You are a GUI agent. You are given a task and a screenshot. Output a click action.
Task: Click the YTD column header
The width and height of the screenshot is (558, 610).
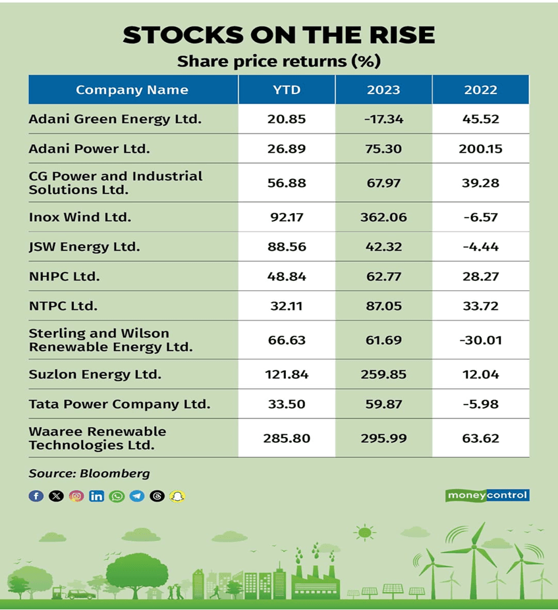[x=287, y=90]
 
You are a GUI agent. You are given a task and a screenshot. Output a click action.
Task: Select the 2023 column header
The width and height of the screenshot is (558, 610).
[x=383, y=90]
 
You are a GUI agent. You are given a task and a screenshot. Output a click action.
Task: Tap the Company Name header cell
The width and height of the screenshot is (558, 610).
[x=132, y=90]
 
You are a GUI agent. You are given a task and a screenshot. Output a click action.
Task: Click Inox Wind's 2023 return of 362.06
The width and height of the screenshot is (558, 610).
[x=383, y=216]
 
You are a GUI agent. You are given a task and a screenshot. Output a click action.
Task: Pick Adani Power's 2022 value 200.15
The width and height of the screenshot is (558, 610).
[x=480, y=149]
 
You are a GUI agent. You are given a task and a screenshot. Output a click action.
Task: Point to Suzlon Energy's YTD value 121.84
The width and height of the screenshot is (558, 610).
[x=287, y=374]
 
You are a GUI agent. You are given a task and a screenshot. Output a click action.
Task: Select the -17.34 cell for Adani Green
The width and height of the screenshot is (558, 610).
[x=383, y=119]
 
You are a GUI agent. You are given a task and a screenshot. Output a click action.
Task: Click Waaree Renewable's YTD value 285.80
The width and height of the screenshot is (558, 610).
[x=287, y=438]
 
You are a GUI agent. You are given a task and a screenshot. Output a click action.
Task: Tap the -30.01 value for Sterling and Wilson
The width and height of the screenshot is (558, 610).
[x=480, y=340]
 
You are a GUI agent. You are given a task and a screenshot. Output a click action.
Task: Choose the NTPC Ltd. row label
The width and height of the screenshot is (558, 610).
[x=63, y=306]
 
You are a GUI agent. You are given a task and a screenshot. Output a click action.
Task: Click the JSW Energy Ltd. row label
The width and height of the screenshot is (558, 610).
[x=84, y=247]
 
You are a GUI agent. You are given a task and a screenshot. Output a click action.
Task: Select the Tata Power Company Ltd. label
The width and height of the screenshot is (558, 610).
[x=119, y=404]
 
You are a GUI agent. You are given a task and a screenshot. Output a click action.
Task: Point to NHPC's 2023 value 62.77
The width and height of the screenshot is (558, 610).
[x=383, y=276]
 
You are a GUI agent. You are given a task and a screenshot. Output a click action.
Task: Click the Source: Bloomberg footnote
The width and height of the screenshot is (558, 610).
[x=89, y=473]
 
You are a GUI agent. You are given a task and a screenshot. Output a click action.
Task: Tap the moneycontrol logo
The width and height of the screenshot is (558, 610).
[x=487, y=496]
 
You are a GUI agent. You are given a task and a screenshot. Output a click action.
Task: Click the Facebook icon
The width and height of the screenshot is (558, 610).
[x=36, y=496]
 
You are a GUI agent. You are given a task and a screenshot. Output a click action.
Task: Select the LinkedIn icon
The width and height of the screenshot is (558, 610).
[x=97, y=496]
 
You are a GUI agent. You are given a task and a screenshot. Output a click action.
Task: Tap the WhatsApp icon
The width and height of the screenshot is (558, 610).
[x=117, y=496]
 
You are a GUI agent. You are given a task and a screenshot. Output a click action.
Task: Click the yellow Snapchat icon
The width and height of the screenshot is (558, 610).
[x=177, y=496]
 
